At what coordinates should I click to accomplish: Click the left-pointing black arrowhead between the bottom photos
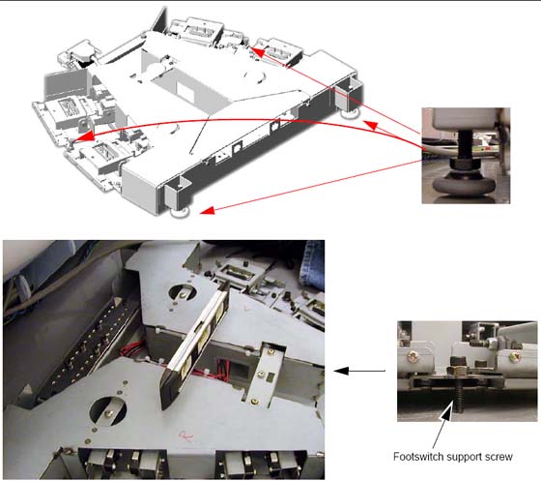point(341,371)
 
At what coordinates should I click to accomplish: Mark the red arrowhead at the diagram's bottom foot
point(208,210)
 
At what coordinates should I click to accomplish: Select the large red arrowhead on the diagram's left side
point(84,136)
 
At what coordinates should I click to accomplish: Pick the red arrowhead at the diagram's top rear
point(257,52)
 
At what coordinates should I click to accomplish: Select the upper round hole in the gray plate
point(183,293)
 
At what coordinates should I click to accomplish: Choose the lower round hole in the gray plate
point(107,411)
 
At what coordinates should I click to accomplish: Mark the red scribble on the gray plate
point(185,436)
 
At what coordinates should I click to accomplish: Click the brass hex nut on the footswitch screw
point(457,370)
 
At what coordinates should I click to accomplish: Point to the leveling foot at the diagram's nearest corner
point(180,212)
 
